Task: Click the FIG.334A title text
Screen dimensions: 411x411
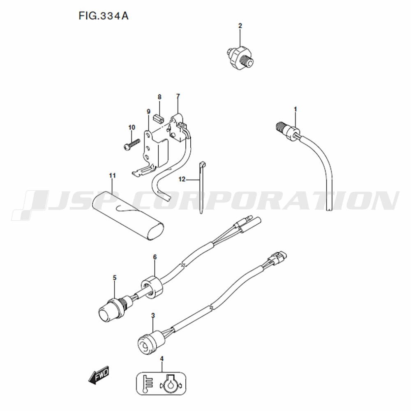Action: click(104, 16)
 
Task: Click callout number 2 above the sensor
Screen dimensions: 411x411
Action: click(240, 25)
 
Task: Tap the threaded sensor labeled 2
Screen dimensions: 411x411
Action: click(240, 58)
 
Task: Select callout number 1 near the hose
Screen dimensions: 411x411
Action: click(296, 109)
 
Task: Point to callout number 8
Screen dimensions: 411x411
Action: click(159, 97)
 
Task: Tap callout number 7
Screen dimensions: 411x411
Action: click(178, 96)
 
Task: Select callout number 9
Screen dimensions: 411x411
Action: click(149, 112)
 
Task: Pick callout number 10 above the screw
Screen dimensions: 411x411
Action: click(132, 127)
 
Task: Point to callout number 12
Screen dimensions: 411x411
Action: click(182, 179)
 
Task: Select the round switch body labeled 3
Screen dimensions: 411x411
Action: click(151, 342)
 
